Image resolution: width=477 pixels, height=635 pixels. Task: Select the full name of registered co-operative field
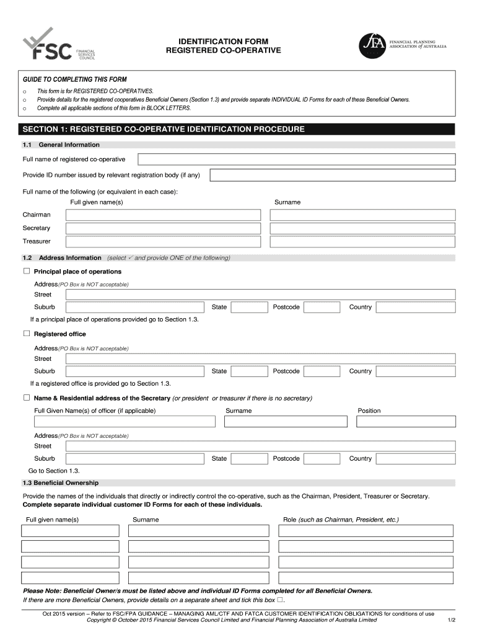point(296,159)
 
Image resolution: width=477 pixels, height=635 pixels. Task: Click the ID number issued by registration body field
point(332,175)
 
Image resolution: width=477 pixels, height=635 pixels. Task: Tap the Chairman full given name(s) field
point(164,215)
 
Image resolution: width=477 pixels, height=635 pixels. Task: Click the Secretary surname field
point(362,228)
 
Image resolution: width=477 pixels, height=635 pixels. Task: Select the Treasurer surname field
point(362,241)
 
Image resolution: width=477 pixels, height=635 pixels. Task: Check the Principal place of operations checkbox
point(27,272)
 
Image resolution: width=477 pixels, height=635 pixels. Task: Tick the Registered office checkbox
point(27,334)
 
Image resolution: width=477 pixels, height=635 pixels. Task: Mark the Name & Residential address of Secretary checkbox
point(27,397)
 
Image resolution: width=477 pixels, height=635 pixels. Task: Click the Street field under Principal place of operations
point(261,295)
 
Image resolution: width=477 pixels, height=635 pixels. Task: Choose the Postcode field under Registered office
point(322,371)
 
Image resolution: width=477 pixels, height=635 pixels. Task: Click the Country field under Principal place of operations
point(415,307)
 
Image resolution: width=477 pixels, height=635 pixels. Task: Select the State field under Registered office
point(248,371)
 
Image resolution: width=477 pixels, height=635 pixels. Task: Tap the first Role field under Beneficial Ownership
point(365,531)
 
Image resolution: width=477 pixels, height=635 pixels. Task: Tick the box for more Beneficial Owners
point(280,600)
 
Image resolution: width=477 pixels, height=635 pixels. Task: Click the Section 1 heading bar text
point(164,129)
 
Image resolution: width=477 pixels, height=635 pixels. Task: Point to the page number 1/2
point(452,619)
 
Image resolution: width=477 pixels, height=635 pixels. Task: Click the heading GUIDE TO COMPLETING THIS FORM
point(74,79)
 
